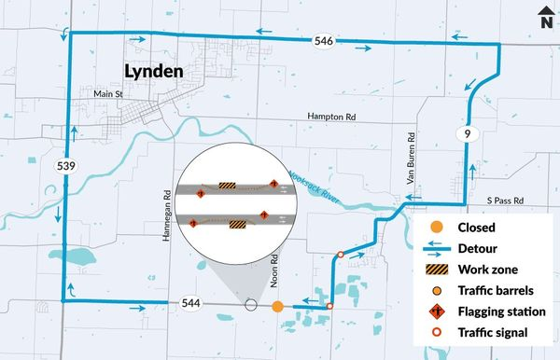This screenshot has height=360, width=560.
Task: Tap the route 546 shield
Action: pos(323,41)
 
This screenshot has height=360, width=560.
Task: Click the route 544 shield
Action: pos(193,303)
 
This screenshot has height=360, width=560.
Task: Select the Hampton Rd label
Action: pos(332,117)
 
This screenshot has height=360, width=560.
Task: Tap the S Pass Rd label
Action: pos(508,200)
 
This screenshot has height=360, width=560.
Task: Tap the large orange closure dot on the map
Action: pos(277,306)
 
